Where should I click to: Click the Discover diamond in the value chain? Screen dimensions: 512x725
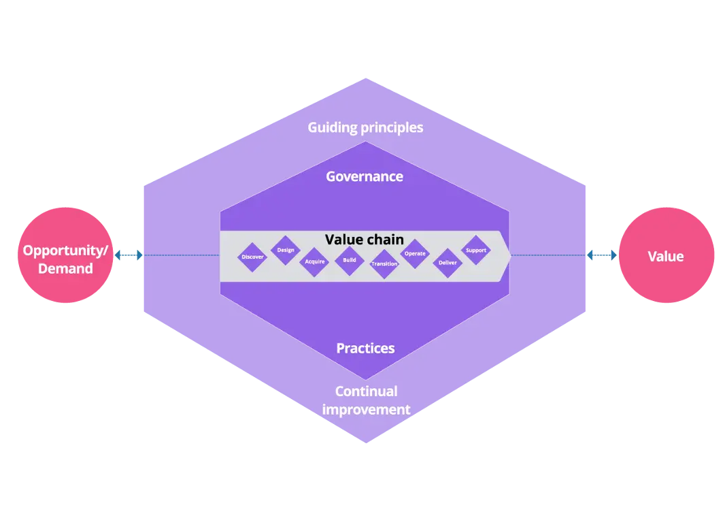pos(253,257)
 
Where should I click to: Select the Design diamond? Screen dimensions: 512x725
pos(286,250)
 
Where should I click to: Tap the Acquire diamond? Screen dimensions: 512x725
pos(315,261)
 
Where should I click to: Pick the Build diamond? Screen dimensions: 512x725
pos(350,260)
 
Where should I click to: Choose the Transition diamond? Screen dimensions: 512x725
pos(384,264)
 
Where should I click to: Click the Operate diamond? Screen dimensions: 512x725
pos(415,254)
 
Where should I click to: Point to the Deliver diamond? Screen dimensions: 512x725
pos(448,262)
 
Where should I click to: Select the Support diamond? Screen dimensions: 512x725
pos(476,250)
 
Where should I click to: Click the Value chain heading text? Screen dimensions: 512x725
pos(364,240)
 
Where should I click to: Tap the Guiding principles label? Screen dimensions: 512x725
pos(365,127)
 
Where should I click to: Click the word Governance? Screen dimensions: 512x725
pos(365,176)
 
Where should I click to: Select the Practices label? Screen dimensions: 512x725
pos(365,348)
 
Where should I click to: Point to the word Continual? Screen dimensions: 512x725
pos(366,391)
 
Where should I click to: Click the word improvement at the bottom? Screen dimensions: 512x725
pos(366,409)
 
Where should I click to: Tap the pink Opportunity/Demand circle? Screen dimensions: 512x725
pos(65,256)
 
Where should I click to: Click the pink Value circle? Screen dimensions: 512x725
pos(665,256)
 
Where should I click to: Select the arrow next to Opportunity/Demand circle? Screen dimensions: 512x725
pos(129,255)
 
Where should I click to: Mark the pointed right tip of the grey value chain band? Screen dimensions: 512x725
pos(510,256)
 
